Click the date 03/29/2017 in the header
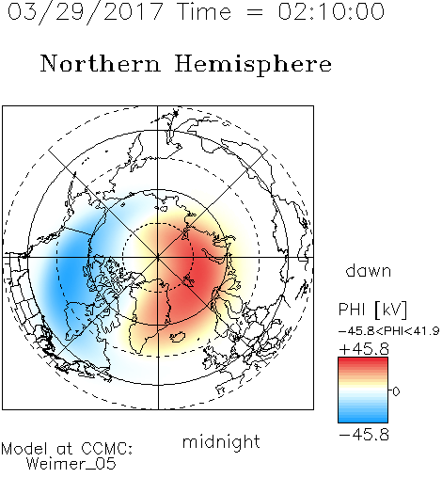[86, 12]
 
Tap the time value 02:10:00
[331, 11]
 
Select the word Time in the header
[204, 11]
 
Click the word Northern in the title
[101, 63]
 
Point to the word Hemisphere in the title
[253, 65]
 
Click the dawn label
[369, 270]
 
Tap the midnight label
[221, 442]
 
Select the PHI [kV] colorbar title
[372, 310]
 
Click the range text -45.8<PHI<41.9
[389, 331]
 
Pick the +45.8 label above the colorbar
[364, 349]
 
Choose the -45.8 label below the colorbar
[364, 435]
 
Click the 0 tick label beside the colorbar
[396, 391]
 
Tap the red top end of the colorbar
[363, 360]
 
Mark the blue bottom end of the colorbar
[363, 420]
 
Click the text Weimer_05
[71, 464]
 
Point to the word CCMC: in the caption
[106, 449]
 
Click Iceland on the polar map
[177, 337]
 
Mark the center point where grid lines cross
[158, 257]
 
